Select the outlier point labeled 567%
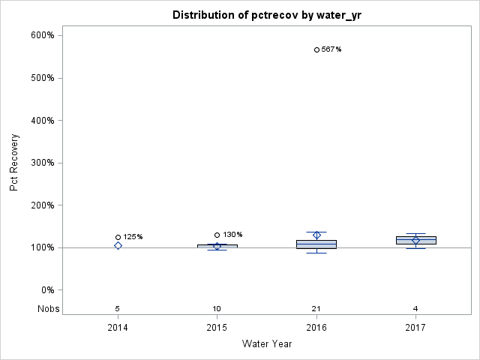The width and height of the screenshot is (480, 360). coord(316,49)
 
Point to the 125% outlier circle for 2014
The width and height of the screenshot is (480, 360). coord(118,237)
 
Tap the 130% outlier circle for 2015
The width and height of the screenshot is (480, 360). coord(217,235)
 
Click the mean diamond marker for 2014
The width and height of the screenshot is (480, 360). coord(118,245)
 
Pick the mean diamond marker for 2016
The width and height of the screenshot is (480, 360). coord(316,235)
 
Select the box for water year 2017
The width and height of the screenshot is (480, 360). coord(415,240)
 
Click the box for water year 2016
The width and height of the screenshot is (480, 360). coord(316,244)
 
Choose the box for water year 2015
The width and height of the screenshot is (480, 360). coord(217,246)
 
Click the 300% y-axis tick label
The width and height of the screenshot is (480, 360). coord(42,163)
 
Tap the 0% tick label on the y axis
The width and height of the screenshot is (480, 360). coord(46,290)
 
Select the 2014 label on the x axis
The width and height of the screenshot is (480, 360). coord(118,328)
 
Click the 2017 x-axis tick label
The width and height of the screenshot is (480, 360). coord(415,328)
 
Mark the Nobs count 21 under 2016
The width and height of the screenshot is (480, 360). coord(316,308)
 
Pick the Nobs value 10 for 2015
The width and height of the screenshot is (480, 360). coord(217,308)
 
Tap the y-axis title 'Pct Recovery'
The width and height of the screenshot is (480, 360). coord(14,163)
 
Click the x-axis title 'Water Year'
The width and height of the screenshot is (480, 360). coord(267,344)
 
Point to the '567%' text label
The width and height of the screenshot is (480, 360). coord(331,49)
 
